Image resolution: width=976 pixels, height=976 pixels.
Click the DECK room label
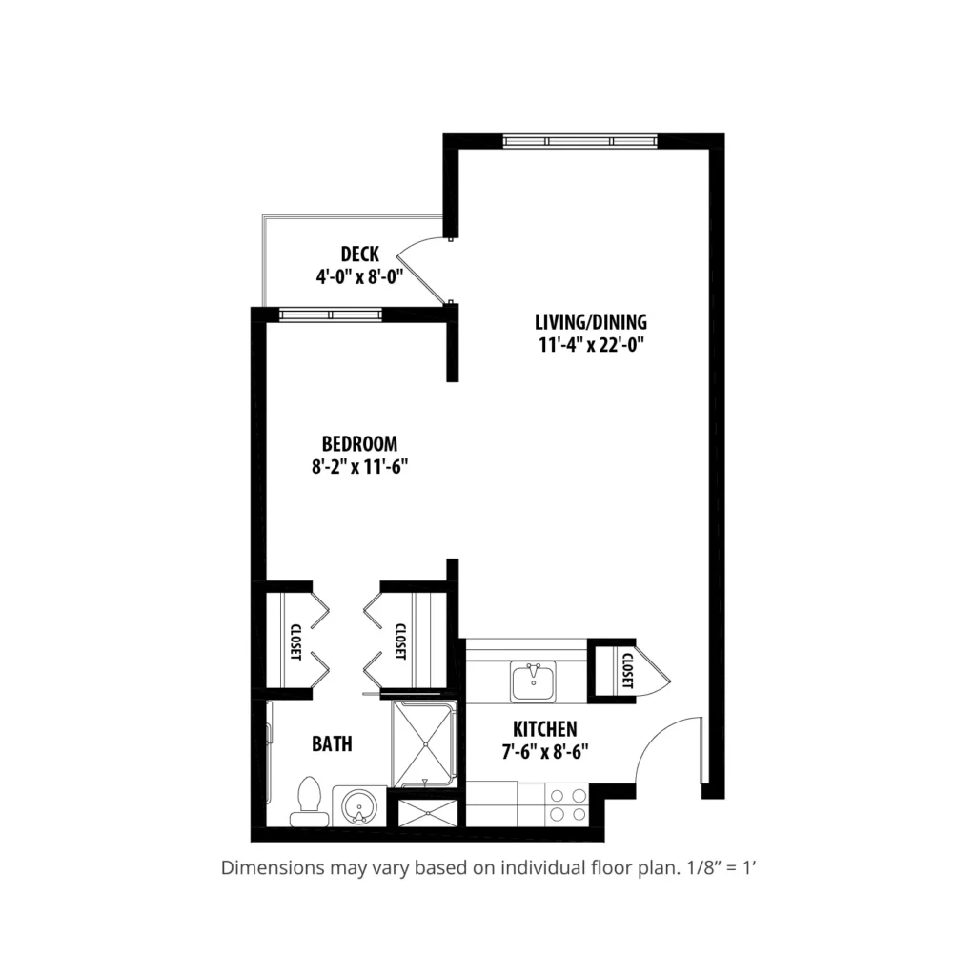[x=359, y=254]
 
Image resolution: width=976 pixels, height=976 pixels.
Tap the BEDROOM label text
[x=359, y=444]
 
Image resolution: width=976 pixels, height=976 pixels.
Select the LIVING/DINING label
[x=591, y=322]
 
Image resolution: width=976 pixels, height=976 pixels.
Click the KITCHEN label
[x=544, y=729]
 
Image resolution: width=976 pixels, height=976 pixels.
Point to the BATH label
[x=332, y=743]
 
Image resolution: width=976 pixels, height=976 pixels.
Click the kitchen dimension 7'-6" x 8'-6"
[x=545, y=752]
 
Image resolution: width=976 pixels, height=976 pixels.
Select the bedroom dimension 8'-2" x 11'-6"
[x=359, y=466]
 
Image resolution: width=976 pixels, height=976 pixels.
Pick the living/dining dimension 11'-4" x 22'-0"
[x=591, y=344]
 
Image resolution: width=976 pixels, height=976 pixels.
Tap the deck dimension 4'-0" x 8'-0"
[x=359, y=276]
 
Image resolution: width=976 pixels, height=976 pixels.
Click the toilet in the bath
[x=310, y=803]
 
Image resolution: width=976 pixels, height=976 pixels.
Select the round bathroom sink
[x=359, y=806]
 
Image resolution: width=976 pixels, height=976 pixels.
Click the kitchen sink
[x=534, y=681]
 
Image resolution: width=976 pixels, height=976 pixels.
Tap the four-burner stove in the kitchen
[x=566, y=804]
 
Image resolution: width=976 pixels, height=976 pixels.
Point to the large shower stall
[x=424, y=743]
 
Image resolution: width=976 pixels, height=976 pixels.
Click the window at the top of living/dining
[x=580, y=141]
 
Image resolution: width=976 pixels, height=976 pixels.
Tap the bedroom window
[x=331, y=315]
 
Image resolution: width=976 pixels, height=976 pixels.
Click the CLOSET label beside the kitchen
[x=627, y=670]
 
